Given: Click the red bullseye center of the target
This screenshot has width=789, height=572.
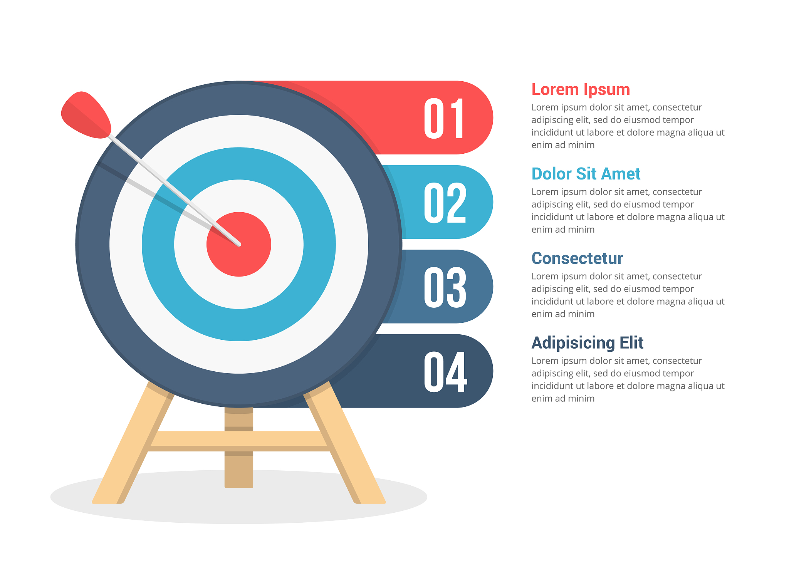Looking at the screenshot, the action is (247, 254).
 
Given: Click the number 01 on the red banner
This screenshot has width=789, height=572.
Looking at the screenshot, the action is (444, 118).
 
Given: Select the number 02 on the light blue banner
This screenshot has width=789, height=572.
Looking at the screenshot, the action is (445, 203).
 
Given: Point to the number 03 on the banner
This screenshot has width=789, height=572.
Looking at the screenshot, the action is (445, 287).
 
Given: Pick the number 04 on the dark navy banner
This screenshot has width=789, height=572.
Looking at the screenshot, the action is (445, 372).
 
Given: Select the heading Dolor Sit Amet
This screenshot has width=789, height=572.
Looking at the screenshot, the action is (586, 174).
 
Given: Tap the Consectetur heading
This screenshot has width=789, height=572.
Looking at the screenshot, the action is (577, 258).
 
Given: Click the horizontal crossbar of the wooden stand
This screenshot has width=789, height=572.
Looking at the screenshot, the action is (239, 441).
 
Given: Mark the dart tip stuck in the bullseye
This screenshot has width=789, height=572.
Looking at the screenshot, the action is (239, 244).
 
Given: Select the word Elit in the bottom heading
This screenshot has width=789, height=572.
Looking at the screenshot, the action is (631, 342).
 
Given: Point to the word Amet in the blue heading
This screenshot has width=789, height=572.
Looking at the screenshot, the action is (621, 174).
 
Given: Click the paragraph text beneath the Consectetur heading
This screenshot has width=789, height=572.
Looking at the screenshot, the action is (628, 295).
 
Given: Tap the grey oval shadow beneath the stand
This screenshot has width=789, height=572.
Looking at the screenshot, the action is (239, 512).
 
